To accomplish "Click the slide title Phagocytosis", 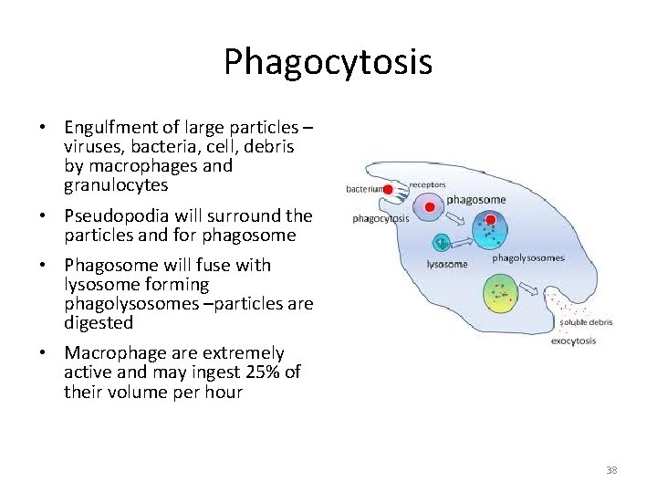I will [x=328, y=63].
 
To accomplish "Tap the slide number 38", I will [x=610, y=470].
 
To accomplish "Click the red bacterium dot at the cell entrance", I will [x=388, y=190].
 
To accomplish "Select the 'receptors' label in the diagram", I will [x=427, y=184].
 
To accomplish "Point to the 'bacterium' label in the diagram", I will [x=363, y=190].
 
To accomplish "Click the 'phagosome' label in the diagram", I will [x=474, y=200].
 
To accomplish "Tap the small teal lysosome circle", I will [x=442, y=243].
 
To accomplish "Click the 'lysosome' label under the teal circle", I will [x=447, y=264].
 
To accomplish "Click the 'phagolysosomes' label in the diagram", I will [x=527, y=258].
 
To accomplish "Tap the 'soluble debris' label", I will [x=586, y=321].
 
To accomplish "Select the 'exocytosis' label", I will [x=573, y=341].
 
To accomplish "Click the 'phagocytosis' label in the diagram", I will [x=381, y=218].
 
